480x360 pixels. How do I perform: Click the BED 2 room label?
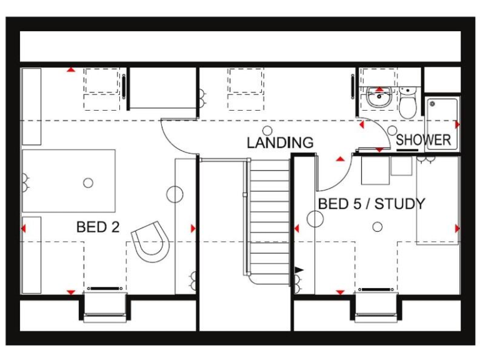(97, 227)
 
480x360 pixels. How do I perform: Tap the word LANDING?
(280, 142)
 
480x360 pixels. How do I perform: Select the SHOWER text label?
(423, 140)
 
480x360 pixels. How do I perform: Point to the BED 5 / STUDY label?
(371, 204)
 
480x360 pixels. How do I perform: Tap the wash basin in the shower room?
(379, 97)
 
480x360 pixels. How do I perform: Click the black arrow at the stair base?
(299, 269)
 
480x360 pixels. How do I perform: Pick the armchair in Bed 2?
(150, 241)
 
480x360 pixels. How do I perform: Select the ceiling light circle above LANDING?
(269, 130)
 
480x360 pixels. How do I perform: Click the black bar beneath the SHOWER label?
(407, 150)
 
